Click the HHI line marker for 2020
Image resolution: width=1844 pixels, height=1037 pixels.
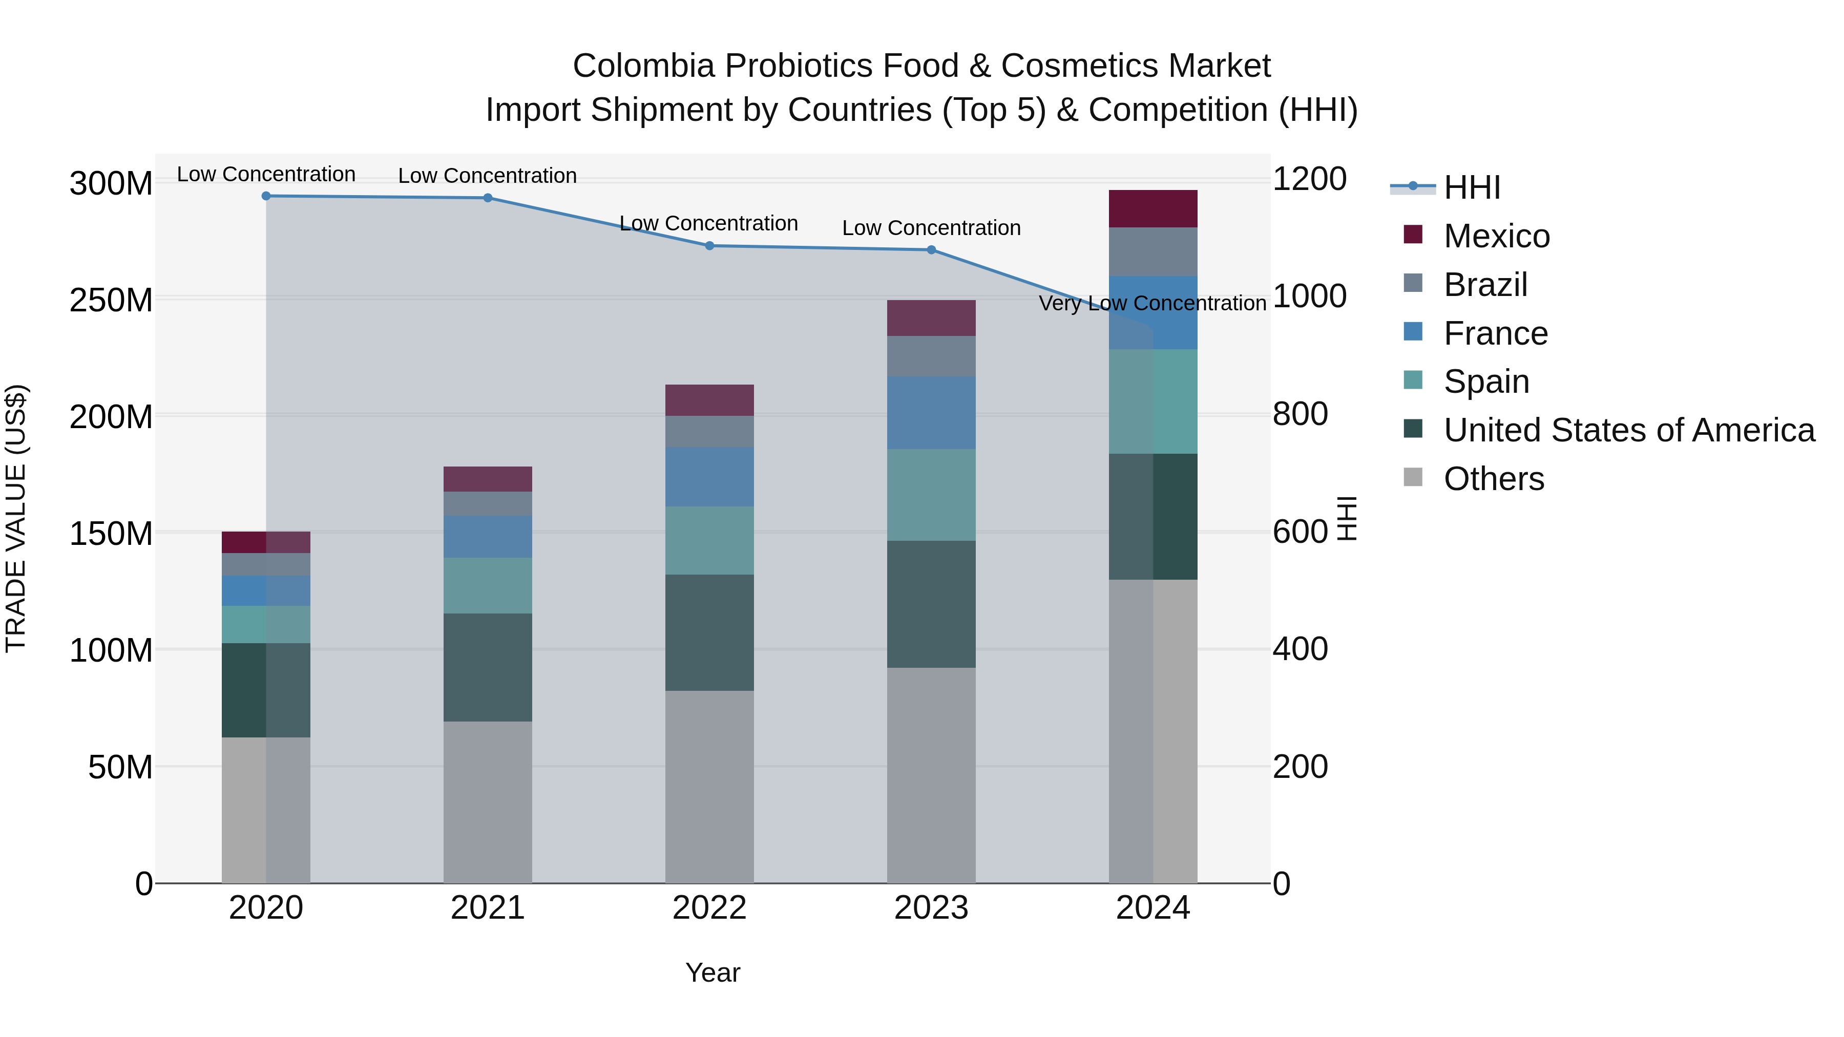(x=266, y=196)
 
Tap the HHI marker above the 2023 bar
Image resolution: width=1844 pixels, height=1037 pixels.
(x=931, y=250)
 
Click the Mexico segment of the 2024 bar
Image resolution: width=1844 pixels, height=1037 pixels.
(x=1152, y=209)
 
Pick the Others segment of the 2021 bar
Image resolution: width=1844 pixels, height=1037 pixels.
(x=488, y=801)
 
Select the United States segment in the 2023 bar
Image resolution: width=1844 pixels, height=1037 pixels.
(x=931, y=604)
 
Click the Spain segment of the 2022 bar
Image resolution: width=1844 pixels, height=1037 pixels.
(x=709, y=540)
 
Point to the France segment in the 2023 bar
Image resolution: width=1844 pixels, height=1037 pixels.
(x=931, y=413)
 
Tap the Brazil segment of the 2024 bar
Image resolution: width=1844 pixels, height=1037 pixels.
(x=1152, y=252)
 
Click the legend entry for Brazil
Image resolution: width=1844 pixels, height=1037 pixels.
(x=1485, y=285)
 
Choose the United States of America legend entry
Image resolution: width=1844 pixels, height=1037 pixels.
(x=1628, y=430)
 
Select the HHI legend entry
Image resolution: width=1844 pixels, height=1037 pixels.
(x=1471, y=187)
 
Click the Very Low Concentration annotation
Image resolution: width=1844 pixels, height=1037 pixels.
(x=1152, y=304)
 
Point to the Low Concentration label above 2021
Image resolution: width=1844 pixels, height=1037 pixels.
(x=488, y=176)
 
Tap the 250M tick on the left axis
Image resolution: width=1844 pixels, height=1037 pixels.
(x=111, y=301)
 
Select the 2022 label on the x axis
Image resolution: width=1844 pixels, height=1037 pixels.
(x=709, y=908)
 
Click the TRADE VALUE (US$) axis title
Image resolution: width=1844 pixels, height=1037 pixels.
(x=16, y=518)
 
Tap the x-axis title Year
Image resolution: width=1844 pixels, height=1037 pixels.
(x=713, y=972)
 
